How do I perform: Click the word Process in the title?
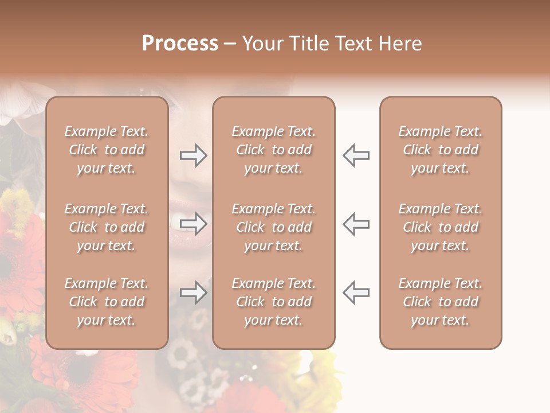[180, 44]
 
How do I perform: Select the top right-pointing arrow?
[193, 155]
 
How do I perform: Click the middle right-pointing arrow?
[193, 224]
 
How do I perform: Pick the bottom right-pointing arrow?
[193, 293]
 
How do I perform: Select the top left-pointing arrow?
[356, 155]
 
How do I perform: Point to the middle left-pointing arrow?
[356, 224]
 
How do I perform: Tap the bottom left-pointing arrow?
[356, 293]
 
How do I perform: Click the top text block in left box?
[107, 150]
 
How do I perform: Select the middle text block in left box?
[107, 227]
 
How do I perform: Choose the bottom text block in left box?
[107, 302]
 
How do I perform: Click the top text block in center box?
[273, 150]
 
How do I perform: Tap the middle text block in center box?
[273, 227]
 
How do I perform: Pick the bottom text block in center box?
[273, 302]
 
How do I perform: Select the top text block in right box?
[440, 150]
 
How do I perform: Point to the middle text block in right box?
[440, 227]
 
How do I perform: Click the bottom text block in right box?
[440, 302]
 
